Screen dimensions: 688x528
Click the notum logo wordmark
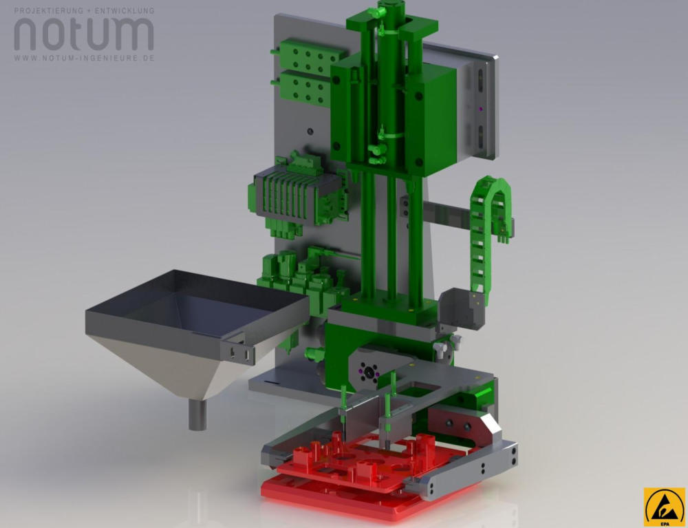point(84,34)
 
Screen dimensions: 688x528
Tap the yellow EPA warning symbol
point(665,507)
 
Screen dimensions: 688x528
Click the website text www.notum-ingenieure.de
point(84,58)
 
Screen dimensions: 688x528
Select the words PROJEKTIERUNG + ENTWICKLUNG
point(84,10)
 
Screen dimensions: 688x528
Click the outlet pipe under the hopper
point(197,415)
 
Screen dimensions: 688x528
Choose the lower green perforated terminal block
point(305,88)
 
